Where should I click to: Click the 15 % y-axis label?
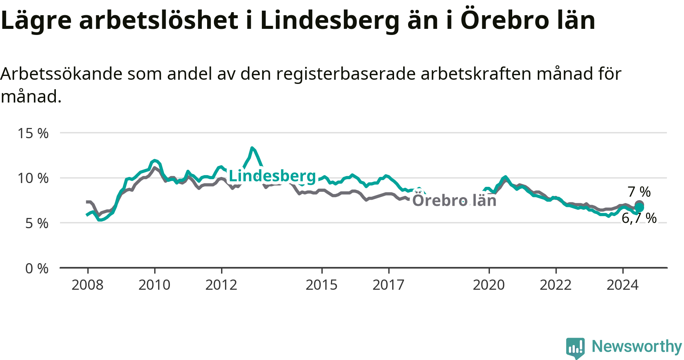point(33,133)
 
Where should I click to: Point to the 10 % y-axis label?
point(33,178)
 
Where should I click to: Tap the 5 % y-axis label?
point(37,223)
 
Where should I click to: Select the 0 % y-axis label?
point(37,268)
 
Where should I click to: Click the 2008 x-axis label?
point(87,285)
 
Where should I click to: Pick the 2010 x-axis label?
point(154,285)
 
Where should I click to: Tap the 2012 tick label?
point(221,285)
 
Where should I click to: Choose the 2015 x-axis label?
point(321,285)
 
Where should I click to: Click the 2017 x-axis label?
point(388,285)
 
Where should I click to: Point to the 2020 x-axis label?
point(489,285)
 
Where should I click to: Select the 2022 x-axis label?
point(556,285)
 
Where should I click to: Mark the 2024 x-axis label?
point(622,285)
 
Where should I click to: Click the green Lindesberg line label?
point(272,176)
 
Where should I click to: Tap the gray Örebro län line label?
point(454,200)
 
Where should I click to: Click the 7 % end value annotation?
point(639,192)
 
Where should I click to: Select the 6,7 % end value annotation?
point(639,218)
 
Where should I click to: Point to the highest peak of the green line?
point(252,148)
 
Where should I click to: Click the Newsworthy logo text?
point(637,346)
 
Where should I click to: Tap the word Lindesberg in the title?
point(330,21)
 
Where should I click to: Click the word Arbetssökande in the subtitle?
point(61,74)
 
